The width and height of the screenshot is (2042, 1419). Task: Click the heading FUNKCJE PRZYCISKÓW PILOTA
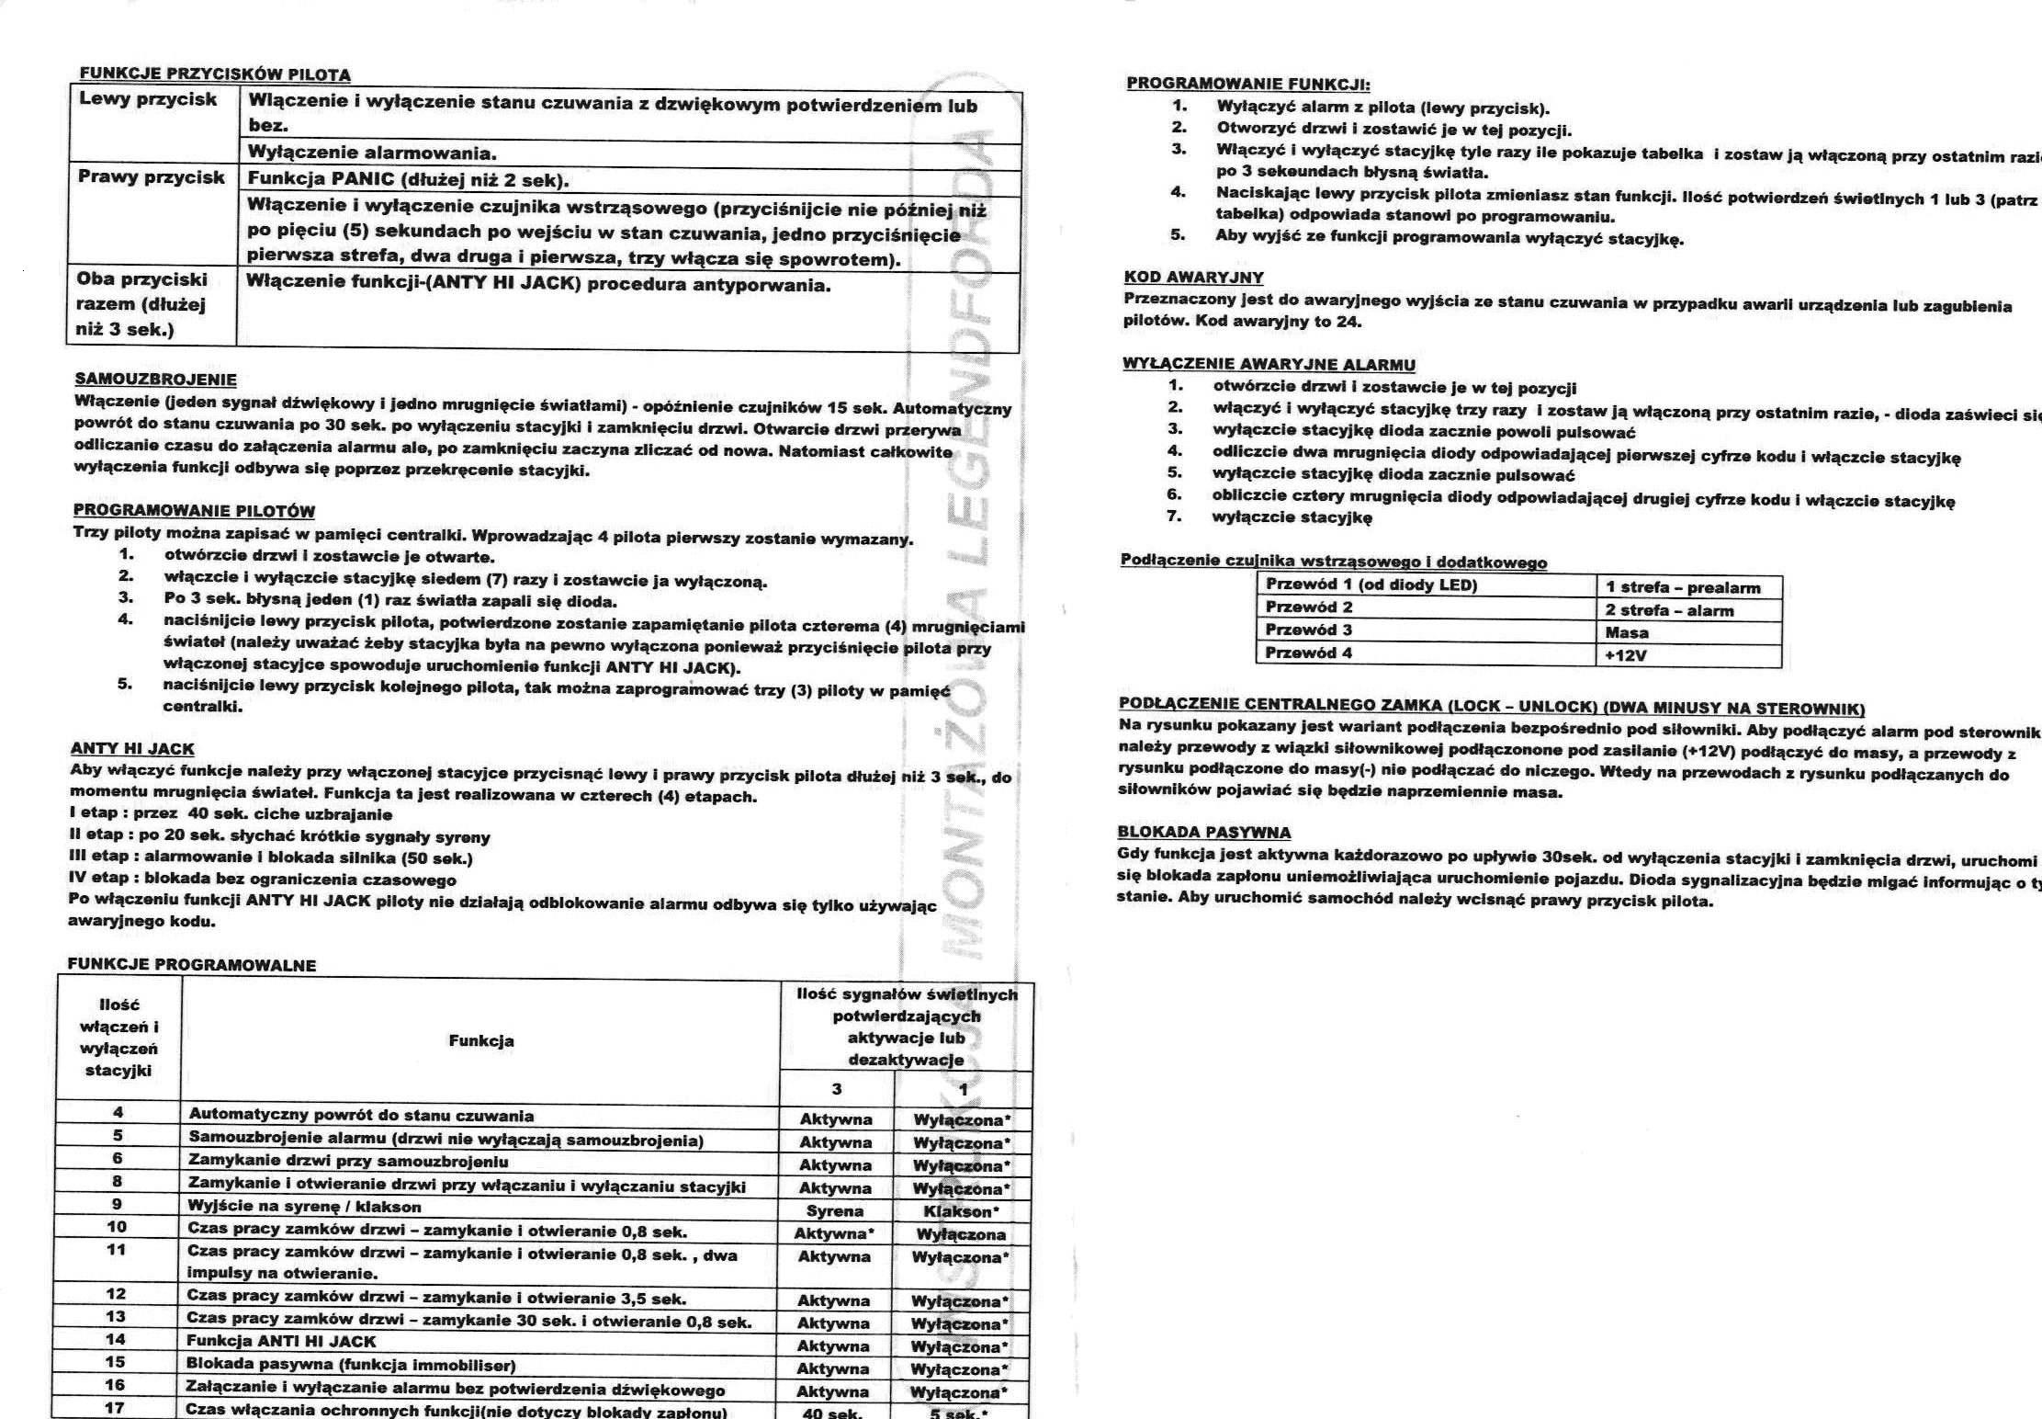pyautogui.click(x=215, y=74)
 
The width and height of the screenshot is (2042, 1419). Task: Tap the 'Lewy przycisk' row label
pyautogui.click(x=148, y=100)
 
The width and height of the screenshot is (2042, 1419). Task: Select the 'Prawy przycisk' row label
pyautogui.click(x=152, y=177)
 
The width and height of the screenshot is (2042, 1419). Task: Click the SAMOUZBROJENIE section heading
pyautogui.click(x=155, y=380)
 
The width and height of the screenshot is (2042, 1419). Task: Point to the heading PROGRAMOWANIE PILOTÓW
pyautogui.click(x=194, y=511)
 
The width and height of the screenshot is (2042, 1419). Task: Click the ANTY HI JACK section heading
pyautogui.click(x=132, y=749)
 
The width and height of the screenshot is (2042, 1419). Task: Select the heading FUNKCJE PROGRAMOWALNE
pyautogui.click(x=191, y=965)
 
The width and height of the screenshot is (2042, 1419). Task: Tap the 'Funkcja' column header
pyautogui.click(x=480, y=1040)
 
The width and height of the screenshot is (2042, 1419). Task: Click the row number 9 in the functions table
pyautogui.click(x=117, y=1204)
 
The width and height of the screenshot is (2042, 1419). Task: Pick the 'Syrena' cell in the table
pyautogui.click(x=835, y=1211)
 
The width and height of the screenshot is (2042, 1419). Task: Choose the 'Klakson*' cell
pyautogui.click(x=962, y=1211)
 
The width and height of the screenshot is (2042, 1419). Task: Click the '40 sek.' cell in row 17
pyautogui.click(x=832, y=1413)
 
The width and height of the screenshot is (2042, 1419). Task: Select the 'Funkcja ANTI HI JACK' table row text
pyautogui.click(x=281, y=1341)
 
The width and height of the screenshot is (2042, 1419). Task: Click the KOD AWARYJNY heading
pyautogui.click(x=1193, y=278)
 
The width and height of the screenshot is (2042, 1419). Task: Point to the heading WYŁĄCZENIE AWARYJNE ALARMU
pyautogui.click(x=1269, y=364)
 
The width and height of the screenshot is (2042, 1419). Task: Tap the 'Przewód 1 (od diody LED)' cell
pyautogui.click(x=1371, y=585)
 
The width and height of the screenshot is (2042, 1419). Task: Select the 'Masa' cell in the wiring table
pyautogui.click(x=1627, y=632)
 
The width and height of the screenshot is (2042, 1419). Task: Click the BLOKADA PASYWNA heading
pyautogui.click(x=1203, y=833)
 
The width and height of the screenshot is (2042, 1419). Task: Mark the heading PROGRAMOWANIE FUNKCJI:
pyautogui.click(x=1247, y=84)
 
